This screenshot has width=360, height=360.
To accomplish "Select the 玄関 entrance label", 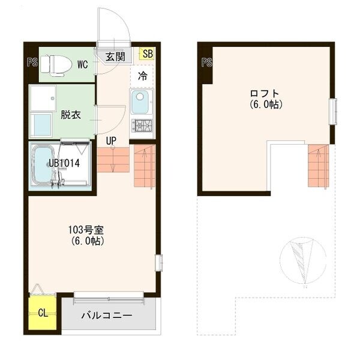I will click(115, 57).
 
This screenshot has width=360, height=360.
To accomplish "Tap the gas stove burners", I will click(143, 126).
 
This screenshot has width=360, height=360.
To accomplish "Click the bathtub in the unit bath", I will click(44, 164).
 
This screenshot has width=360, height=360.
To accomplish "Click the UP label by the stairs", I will click(112, 141).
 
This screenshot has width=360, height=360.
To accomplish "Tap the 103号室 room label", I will click(86, 230).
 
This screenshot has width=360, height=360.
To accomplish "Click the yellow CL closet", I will click(42, 313).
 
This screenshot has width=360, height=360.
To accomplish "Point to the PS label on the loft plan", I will click(207, 61).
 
